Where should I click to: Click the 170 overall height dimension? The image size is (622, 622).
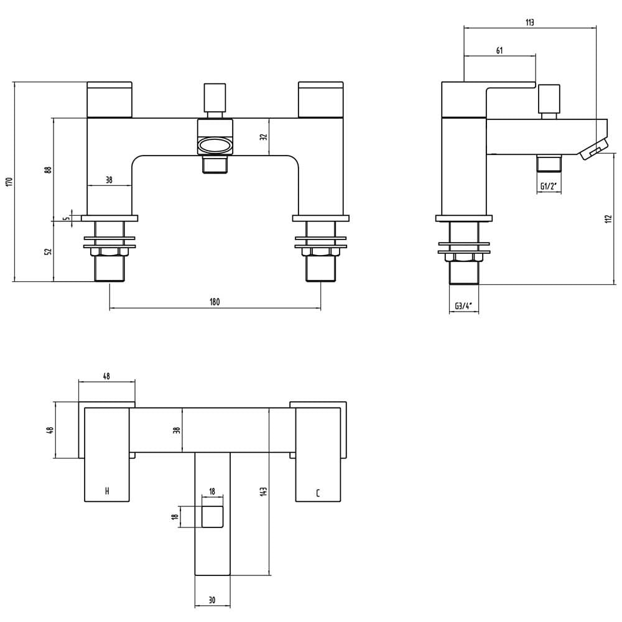tap(10, 182)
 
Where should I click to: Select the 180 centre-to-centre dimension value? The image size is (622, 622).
tap(214, 302)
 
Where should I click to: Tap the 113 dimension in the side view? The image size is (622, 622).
tap(529, 22)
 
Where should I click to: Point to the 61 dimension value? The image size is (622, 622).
tap(499, 50)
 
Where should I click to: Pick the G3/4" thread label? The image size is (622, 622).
tap(463, 306)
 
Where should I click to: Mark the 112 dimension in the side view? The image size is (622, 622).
tap(609, 219)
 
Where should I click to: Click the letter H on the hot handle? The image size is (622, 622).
tap(107, 491)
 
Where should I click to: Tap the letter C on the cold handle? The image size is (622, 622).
tap(318, 493)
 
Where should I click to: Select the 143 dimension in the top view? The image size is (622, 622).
tap(264, 491)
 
